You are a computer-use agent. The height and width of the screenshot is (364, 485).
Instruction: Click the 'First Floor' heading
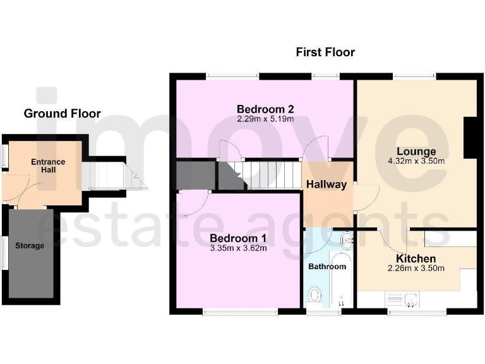tap(325, 52)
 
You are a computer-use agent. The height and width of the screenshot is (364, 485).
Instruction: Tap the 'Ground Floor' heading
tap(62, 114)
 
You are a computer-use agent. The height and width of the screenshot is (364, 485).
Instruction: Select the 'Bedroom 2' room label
tap(265, 108)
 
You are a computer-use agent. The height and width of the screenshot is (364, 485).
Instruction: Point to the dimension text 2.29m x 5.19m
tap(265, 118)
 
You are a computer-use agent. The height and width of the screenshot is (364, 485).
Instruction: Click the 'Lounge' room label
tap(416, 152)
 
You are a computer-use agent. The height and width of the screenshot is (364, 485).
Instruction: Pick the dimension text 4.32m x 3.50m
tap(416, 161)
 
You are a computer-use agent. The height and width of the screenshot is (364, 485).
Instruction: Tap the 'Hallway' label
tap(326, 185)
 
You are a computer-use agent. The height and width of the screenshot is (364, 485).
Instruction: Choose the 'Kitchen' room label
tap(416, 258)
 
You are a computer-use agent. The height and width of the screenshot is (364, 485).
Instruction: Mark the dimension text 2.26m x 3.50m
tap(416, 268)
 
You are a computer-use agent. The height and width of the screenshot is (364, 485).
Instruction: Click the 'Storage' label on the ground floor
tap(30, 245)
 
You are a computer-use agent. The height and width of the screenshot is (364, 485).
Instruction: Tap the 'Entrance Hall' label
tap(49, 166)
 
